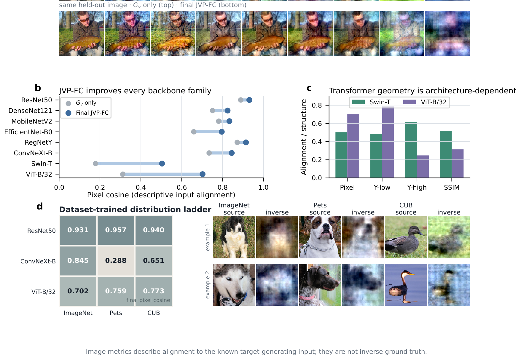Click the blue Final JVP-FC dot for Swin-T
click(x=162, y=164)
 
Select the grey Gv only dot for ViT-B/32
click(x=123, y=174)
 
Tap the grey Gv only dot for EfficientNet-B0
click(x=194, y=132)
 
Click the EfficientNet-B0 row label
click(x=28, y=132)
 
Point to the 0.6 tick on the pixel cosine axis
click(x=182, y=187)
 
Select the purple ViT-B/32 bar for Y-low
click(x=388, y=142)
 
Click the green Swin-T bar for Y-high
click(x=411, y=150)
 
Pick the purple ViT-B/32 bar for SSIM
click(x=458, y=164)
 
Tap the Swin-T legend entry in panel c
click(x=371, y=102)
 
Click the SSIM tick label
click(x=452, y=188)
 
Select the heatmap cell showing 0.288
click(x=116, y=261)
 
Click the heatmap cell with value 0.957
click(x=116, y=230)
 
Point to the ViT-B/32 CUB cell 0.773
click(x=154, y=291)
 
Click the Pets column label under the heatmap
click(x=116, y=313)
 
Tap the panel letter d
click(x=40, y=206)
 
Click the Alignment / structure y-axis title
click(x=304, y=137)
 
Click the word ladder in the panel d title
click(x=199, y=209)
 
